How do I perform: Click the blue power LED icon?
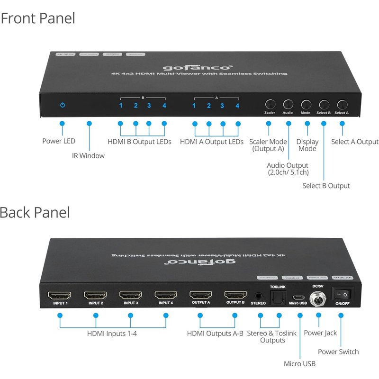point(62,105)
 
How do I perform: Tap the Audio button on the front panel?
point(288,104)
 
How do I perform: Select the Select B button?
point(324,104)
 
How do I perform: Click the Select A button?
point(342,104)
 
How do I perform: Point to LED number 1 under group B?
point(121,106)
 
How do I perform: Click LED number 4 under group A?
point(237,106)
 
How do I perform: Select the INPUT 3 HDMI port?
point(130,295)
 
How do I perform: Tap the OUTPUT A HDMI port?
point(200,295)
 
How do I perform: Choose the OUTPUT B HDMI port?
point(235,295)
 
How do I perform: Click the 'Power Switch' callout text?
point(338,352)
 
